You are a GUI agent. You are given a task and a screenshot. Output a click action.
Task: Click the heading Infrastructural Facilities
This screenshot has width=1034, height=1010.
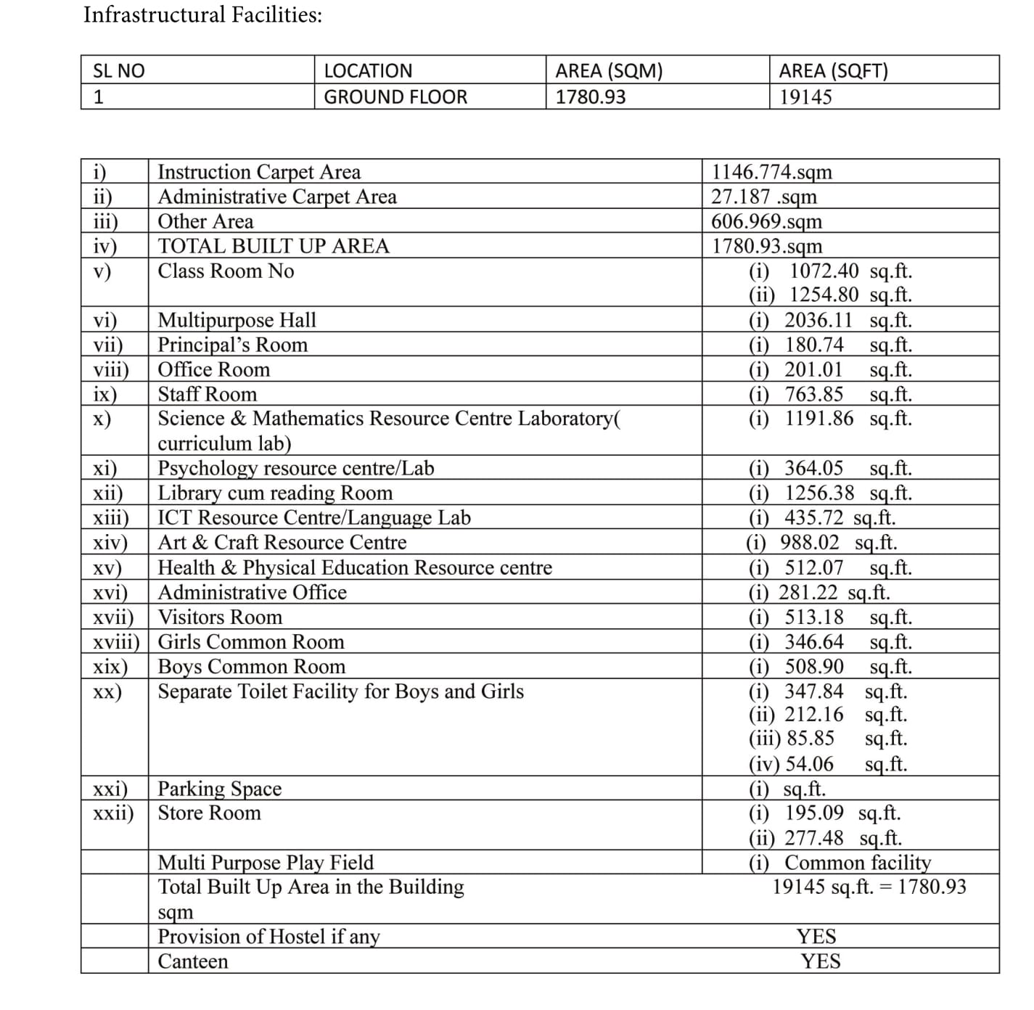click(202, 15)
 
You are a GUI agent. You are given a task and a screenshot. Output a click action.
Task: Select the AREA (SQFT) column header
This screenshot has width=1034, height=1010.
click(833, 70)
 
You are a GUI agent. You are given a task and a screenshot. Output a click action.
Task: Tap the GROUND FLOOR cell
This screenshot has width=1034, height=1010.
click(395, 97)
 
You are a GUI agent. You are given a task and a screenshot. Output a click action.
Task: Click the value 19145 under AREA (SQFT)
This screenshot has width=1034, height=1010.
click(805, 97)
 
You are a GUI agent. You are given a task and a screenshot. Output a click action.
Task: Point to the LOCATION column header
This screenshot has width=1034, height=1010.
click(367, 70)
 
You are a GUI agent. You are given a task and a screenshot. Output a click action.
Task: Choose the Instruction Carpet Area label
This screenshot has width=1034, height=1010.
click(259, 172)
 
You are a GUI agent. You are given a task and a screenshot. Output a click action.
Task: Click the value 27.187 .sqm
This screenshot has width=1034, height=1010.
click(763, 197)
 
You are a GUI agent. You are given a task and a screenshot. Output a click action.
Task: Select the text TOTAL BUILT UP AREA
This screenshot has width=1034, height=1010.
click(274, 246)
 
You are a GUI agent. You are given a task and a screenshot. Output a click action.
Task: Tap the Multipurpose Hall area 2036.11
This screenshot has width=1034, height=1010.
click(818, 320)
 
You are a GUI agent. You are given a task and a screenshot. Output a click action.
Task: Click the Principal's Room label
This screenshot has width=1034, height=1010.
click(232, 345)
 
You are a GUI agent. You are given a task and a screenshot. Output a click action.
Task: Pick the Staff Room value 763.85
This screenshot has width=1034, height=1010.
click(814, 394)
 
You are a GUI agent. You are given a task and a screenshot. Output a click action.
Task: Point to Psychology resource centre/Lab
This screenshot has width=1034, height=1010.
click(295, 468)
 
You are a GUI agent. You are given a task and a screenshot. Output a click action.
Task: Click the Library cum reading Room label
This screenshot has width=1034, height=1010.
click(275, 493)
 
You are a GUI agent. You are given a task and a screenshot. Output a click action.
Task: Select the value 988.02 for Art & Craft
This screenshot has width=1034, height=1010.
click(809, 542)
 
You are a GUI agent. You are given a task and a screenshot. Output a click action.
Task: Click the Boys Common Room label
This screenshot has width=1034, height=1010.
click(251, 667)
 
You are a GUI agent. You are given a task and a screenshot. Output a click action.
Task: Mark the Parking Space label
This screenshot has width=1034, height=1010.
click(219, 789)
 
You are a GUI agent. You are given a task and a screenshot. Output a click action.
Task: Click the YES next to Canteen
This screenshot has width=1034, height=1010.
click(820, 961)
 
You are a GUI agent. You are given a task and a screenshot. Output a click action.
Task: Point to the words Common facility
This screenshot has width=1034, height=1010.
click(858, 863)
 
